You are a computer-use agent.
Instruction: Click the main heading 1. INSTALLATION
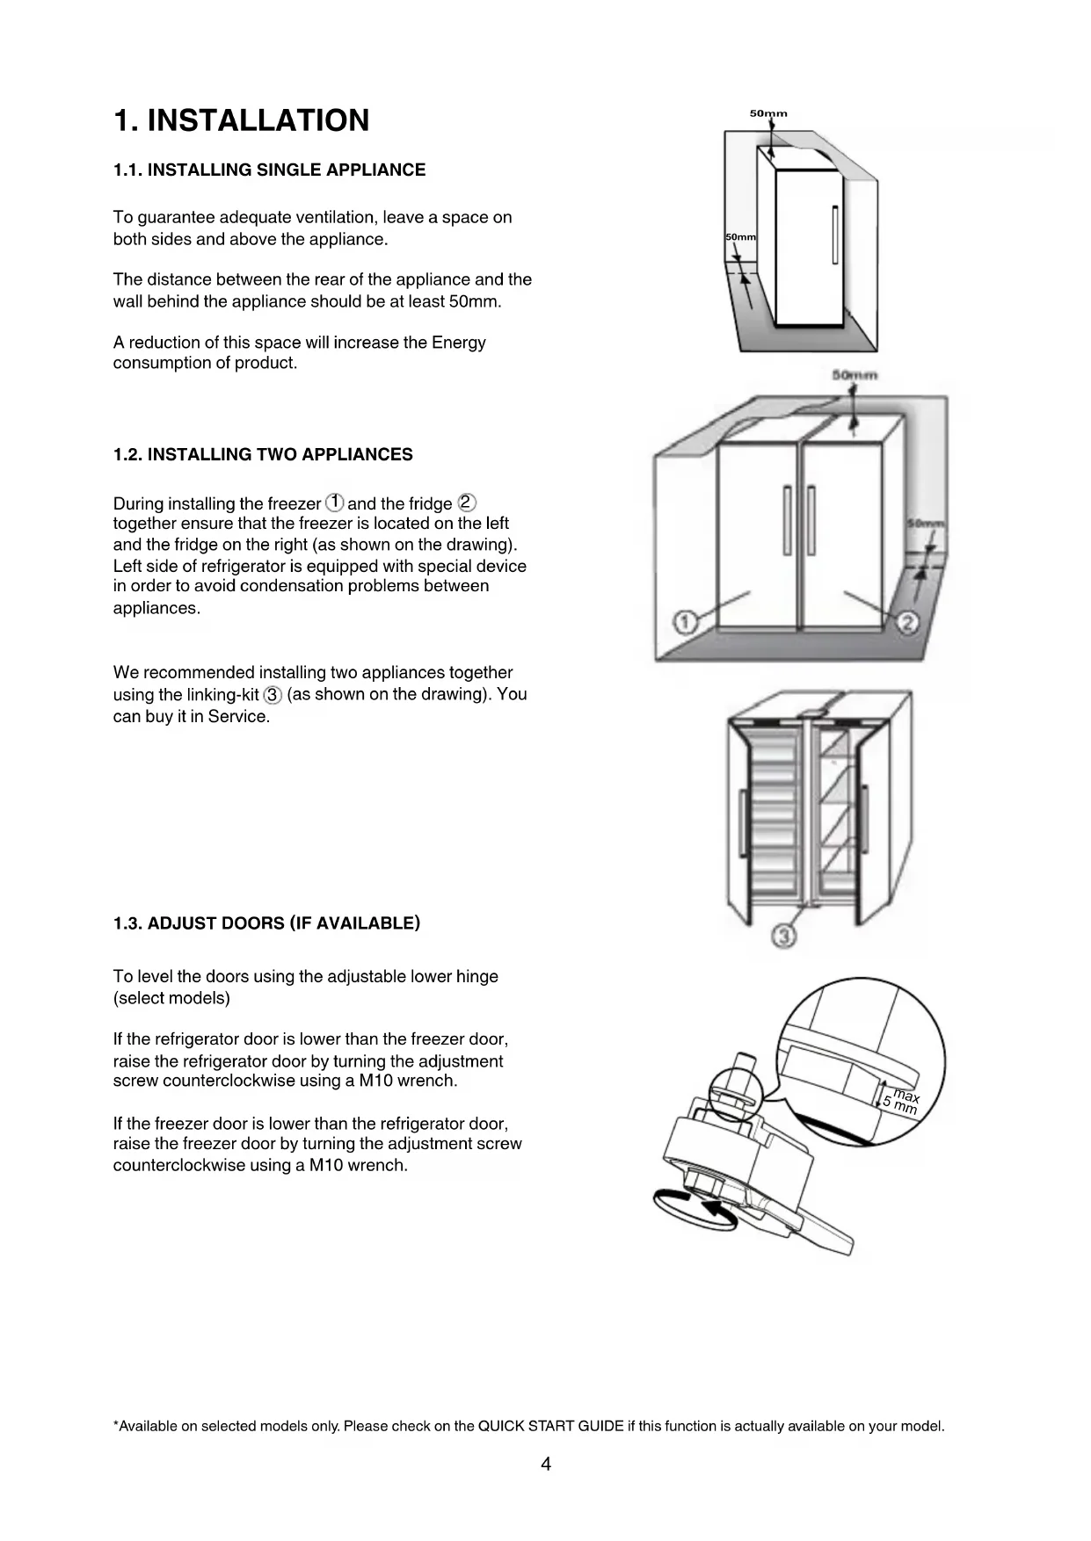click(242, 120)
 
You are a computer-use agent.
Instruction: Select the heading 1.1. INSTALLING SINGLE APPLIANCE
click(269, 170)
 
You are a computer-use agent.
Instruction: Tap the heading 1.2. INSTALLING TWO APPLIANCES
click(263, 455)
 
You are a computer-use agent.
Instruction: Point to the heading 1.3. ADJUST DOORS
click(266, 923)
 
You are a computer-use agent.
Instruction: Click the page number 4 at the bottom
click(546, 1464)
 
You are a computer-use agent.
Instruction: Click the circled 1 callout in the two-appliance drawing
click(684, 622)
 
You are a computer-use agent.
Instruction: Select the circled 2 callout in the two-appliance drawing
click(908, 622)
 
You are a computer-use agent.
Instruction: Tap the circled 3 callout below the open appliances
click(784, 937)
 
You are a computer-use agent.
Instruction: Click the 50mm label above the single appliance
click(768, 113)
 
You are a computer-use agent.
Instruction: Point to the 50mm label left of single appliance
click(740, 238)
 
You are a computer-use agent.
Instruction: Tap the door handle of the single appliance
click(835, 235)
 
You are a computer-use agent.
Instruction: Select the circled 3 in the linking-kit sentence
click(273, 695)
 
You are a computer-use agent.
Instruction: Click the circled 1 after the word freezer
click(334, 503)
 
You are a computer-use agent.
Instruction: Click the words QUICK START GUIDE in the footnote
click(550, 1426)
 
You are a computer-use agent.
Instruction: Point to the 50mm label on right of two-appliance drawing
click(927, 524)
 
